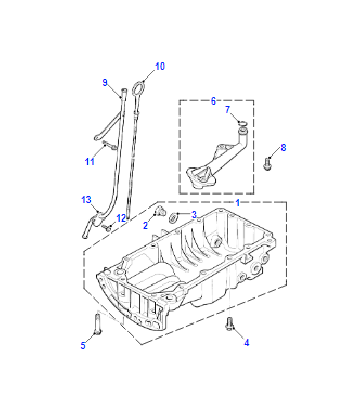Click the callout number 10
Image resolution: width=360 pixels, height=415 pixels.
(160, 66)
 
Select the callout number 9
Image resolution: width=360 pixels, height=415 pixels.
(105, 82)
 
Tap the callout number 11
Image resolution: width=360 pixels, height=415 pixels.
(90, 162)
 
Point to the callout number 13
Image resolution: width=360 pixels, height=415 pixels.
(86, 200)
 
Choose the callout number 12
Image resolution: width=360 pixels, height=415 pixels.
(121, 218)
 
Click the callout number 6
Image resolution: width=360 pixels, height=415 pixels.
(213, 101)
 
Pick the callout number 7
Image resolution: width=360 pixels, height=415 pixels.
(228, 110)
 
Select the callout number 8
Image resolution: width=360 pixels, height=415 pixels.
(283, 147)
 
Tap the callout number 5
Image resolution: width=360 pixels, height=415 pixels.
(83, 345)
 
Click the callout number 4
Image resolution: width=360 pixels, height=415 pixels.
(247, 342)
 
